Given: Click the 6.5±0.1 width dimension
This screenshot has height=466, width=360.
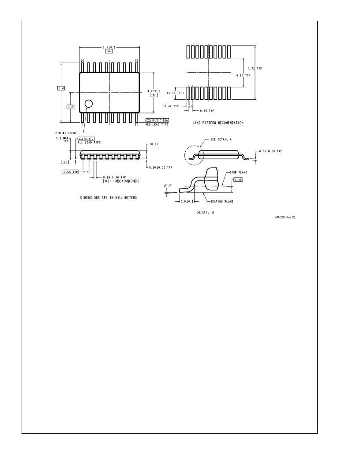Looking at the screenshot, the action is [109, 47].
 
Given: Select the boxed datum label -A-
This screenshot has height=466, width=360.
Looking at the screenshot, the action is [109, 52].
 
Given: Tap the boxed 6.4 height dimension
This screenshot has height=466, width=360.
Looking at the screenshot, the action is [61, 88].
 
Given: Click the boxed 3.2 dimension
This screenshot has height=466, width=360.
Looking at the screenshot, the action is [71, 107].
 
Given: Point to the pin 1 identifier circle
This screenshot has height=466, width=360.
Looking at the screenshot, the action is [89, 104].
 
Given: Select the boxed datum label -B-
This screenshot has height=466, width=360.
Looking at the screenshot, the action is [154, 95].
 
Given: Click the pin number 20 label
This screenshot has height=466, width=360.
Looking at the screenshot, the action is [82, 60].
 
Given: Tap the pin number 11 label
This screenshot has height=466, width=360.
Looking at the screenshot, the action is [137, 60].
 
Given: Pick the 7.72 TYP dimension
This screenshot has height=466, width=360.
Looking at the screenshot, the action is [255, 68].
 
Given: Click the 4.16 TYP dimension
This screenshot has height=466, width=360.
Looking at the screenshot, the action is [243, 75].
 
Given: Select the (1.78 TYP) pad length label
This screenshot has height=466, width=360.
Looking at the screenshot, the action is [176, 93].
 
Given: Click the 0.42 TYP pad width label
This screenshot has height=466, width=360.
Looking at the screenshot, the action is [172, 106].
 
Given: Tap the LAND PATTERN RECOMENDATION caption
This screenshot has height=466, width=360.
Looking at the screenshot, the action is [218, 123].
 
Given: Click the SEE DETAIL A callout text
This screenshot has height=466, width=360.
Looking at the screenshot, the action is [221, 139].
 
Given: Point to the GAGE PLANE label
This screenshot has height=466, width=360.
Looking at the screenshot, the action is [238, 173].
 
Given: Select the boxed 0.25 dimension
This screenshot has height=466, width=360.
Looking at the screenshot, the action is [238, 180].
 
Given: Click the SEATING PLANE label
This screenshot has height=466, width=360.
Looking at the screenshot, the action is [222, 202].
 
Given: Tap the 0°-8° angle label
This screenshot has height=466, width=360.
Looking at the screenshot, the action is [168, 186].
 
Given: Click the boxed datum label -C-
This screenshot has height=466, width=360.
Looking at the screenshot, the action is [65, 162].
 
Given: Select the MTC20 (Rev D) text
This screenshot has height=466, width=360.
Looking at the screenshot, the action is [285, 217].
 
